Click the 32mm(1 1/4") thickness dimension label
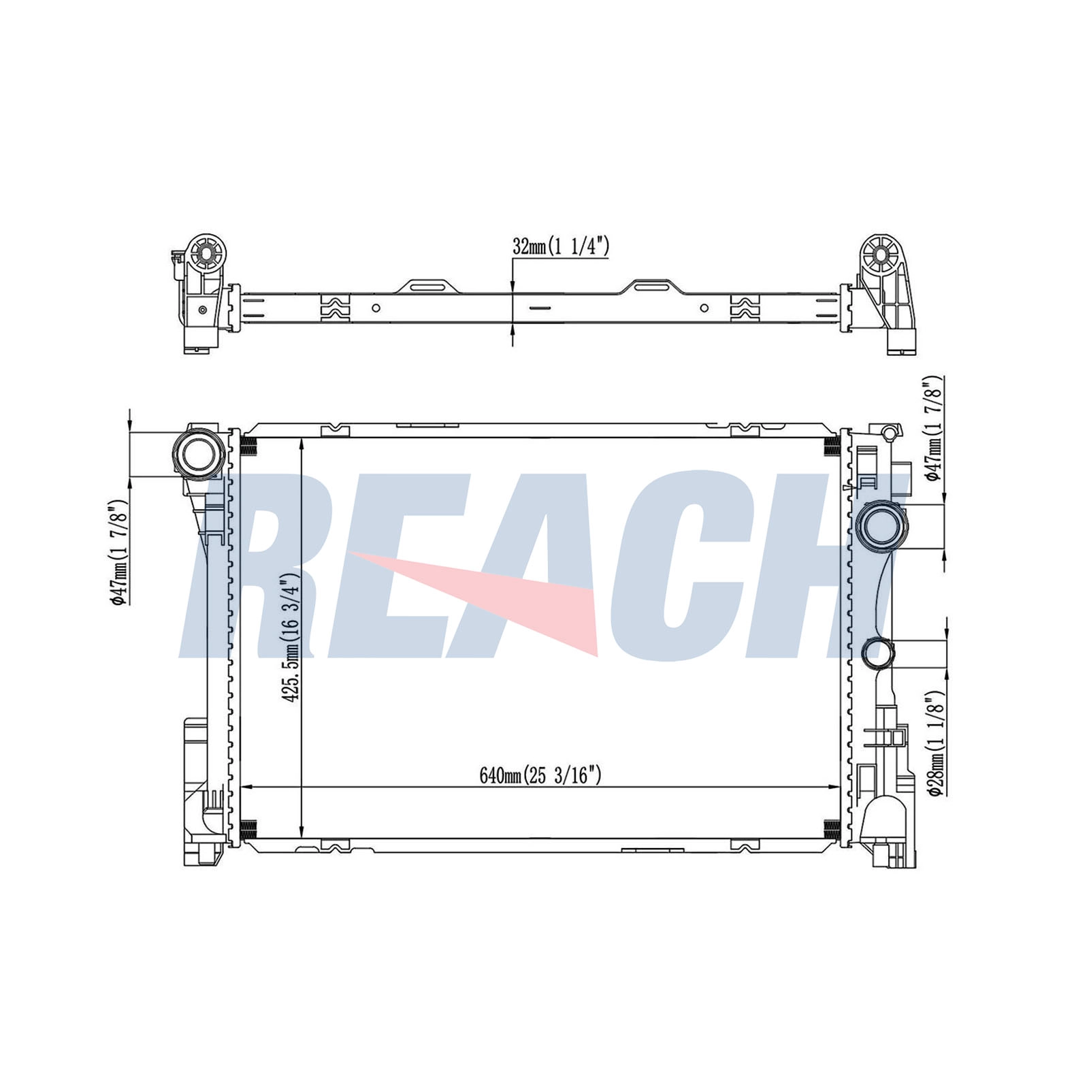(x=560, y=246)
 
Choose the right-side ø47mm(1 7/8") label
(x=935, y=429)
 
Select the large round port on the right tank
(x=882, y=525)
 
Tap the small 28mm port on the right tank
(x=877, y=652)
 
